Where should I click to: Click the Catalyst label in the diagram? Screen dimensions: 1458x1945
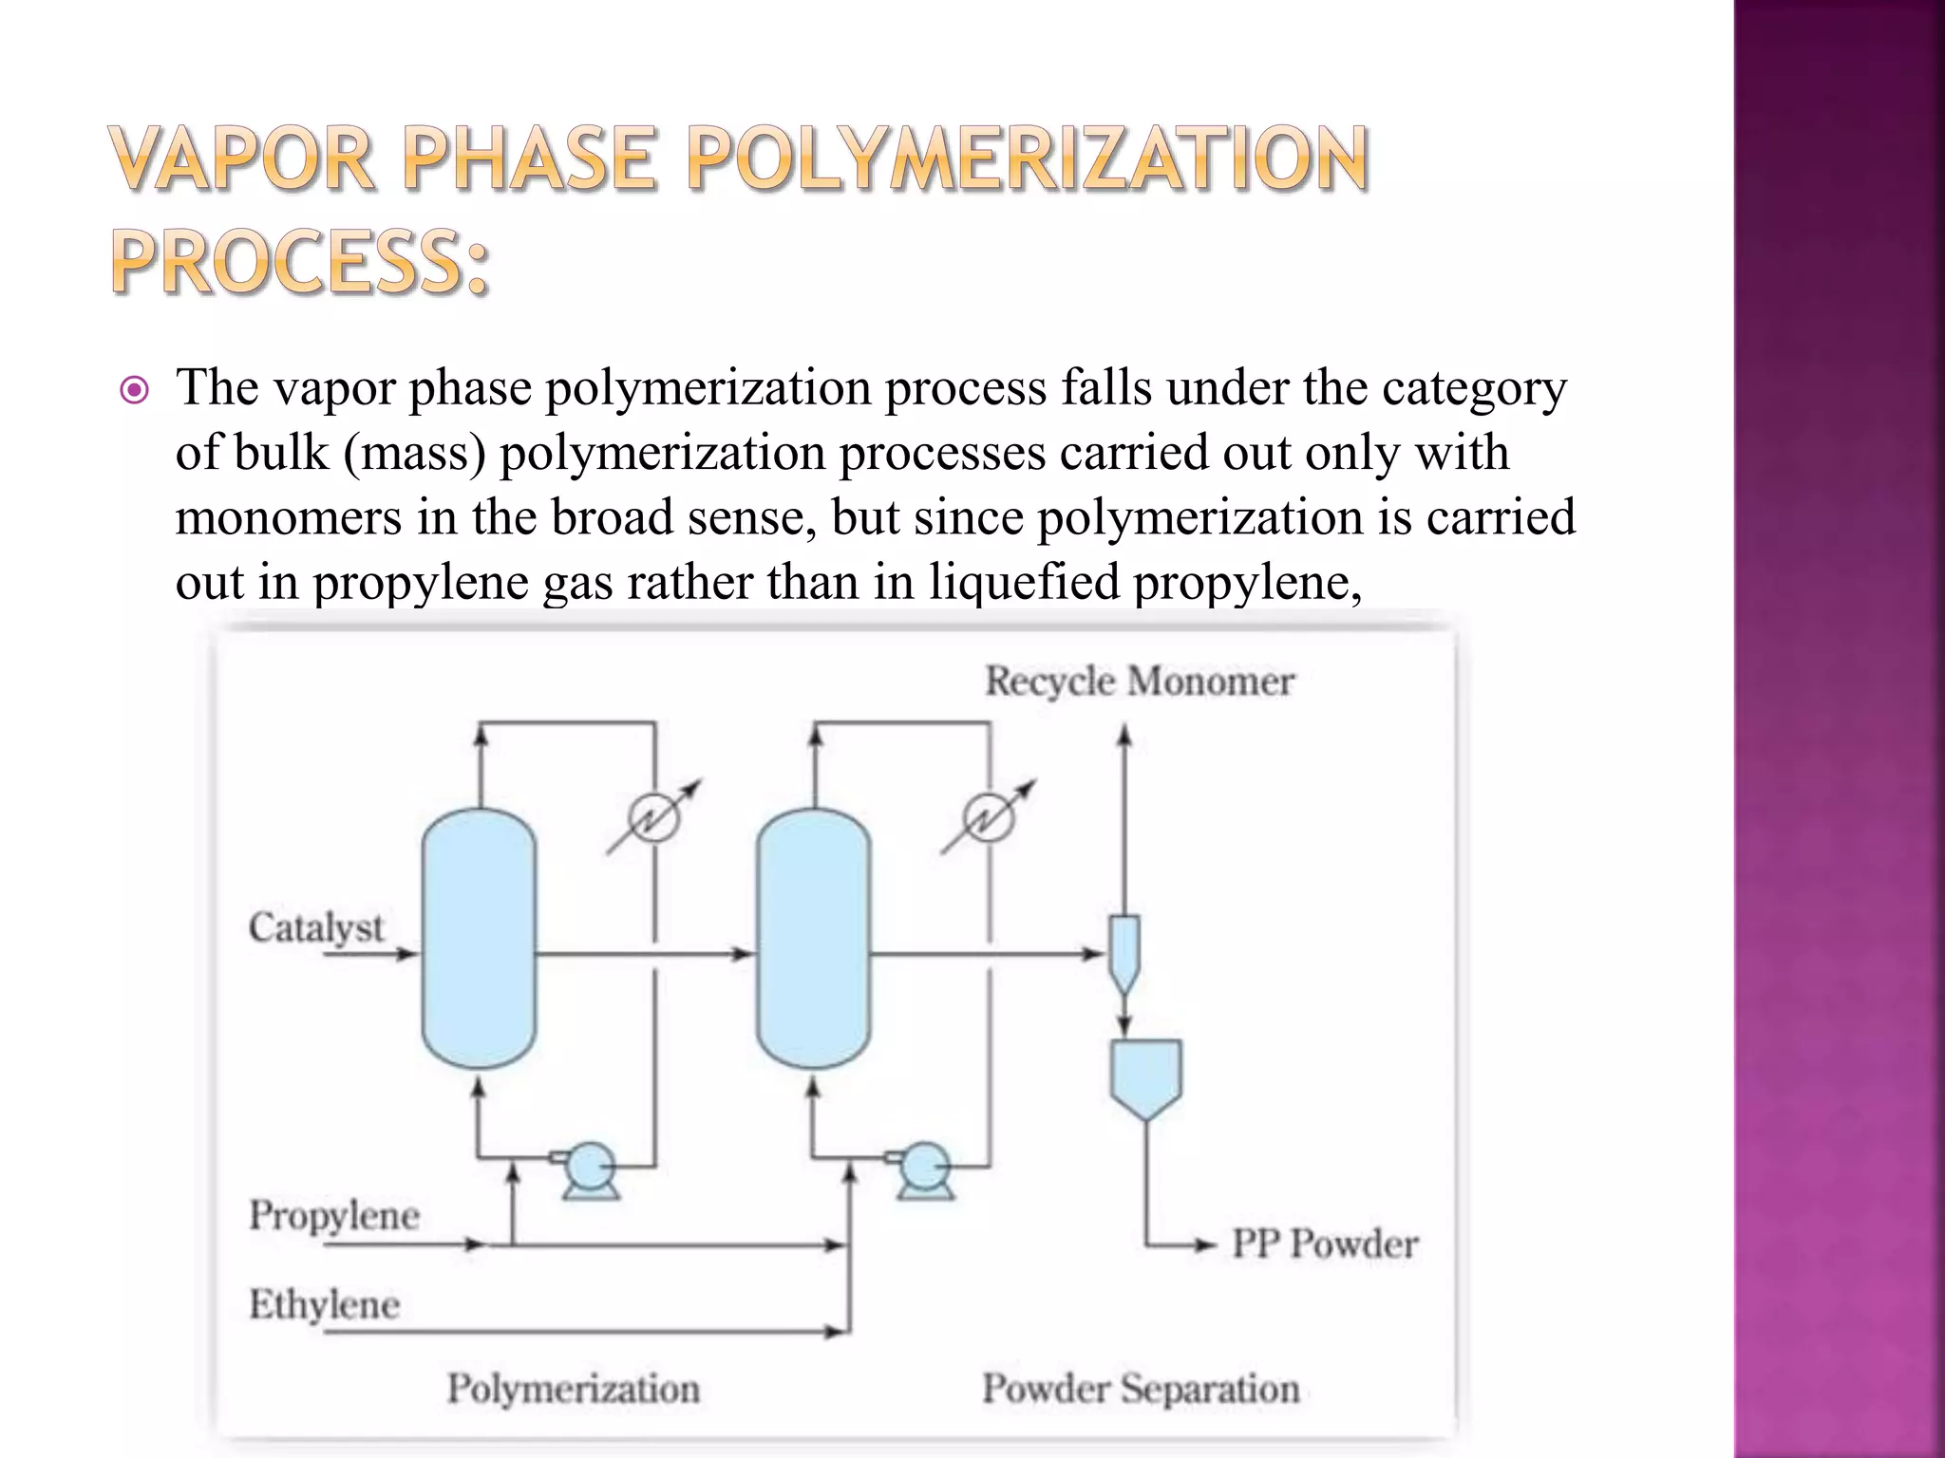pyautogui.click(x=316, y=927)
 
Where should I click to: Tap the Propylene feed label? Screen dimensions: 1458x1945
pyautogui.click(x=334, y=1216)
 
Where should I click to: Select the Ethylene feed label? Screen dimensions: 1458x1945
pyautogui.click(x=324, y=1305)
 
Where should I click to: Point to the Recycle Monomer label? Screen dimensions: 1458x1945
pyautogui.click(x=1139, y=682)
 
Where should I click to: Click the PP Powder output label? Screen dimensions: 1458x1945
pyautogui.click(x=1325, y=1243)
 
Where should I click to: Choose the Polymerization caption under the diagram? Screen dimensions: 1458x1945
pyautogui.click(x=574, y=1389)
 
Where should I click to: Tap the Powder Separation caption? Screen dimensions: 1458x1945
pyautogui.click(x=1141, y=1389)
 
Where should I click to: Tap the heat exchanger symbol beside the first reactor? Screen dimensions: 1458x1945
pyautogui.click(x=654, y=817)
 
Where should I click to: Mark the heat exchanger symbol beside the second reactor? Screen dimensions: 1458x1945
pyautogui.click(x=989, y=817)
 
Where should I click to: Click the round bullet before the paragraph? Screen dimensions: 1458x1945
pyautogui.click(x=135, y=390)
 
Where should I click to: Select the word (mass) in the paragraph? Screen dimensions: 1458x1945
pyautogui.click(x=414, y=453)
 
